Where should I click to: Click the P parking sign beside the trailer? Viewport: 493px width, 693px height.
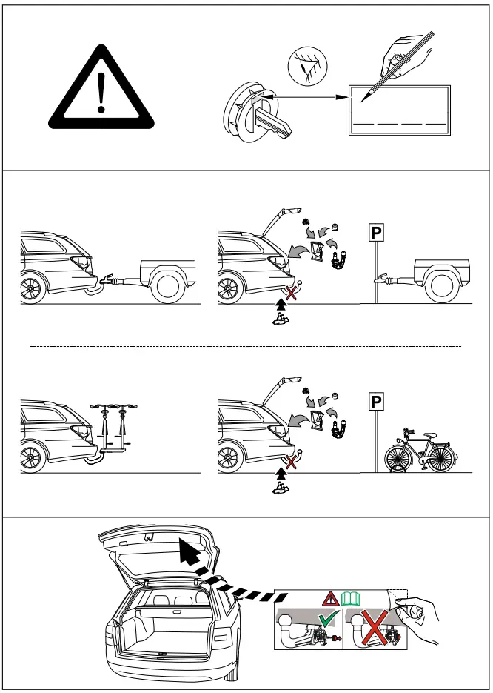pyautogui.click(x=376, y=234)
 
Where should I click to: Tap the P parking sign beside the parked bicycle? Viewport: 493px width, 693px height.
pyautogui.click(x=376, y=402)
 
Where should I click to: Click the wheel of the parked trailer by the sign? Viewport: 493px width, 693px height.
pyautogui.click(x=444, y=285)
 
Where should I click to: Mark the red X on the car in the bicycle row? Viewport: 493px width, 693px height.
pyautogui.click(x=293, y=462)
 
